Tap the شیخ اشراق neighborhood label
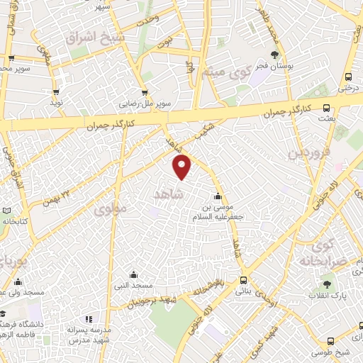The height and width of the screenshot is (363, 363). (x=94, y=37)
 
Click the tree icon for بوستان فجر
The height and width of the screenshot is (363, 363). (x=275, y=55)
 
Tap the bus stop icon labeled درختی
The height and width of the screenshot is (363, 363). (x=347, y=77)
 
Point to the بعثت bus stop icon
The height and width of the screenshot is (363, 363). (x=326, y=108)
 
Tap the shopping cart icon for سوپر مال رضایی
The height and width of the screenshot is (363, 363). (x=145, y=91)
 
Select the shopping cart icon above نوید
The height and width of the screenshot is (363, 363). (x=55, y=91)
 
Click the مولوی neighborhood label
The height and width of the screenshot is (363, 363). (x=110, y=209)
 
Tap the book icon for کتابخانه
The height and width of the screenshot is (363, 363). (x=6, y=211)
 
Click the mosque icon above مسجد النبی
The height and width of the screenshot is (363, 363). (x=133, y=274)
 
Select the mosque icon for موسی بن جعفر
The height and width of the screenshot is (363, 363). (x=216, y=196)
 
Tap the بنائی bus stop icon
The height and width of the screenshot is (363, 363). (x=243, y=280)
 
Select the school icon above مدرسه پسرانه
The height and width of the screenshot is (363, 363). (x=89, y=320)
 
